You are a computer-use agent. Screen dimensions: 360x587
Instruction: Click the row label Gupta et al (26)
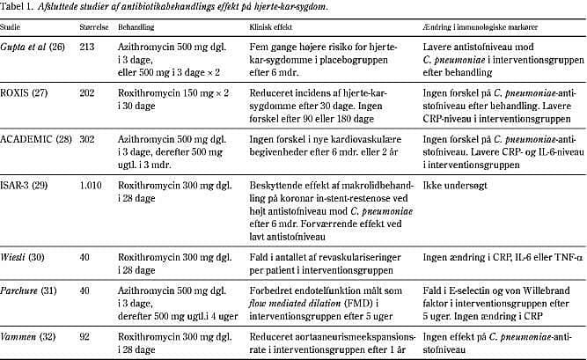click(34, 45)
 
